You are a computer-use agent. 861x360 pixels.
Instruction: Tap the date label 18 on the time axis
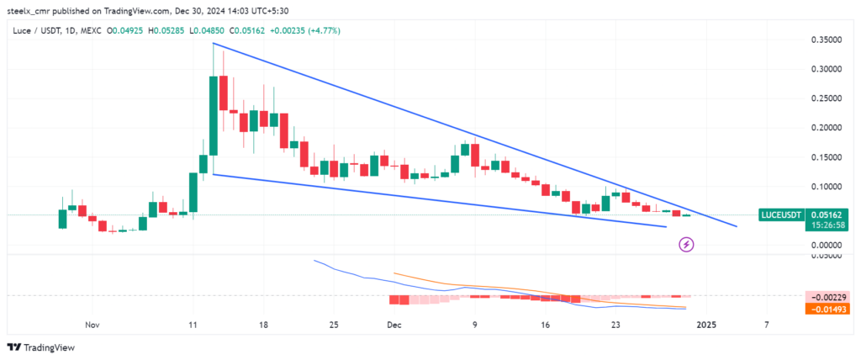coord(263,325)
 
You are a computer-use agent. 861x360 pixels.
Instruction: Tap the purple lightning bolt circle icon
coord(687,245)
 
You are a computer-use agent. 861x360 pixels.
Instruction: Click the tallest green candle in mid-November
coord(214,115)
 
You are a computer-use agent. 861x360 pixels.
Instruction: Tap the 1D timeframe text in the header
coord(69,30)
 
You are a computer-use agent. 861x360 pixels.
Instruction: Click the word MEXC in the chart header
coord(92,30)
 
